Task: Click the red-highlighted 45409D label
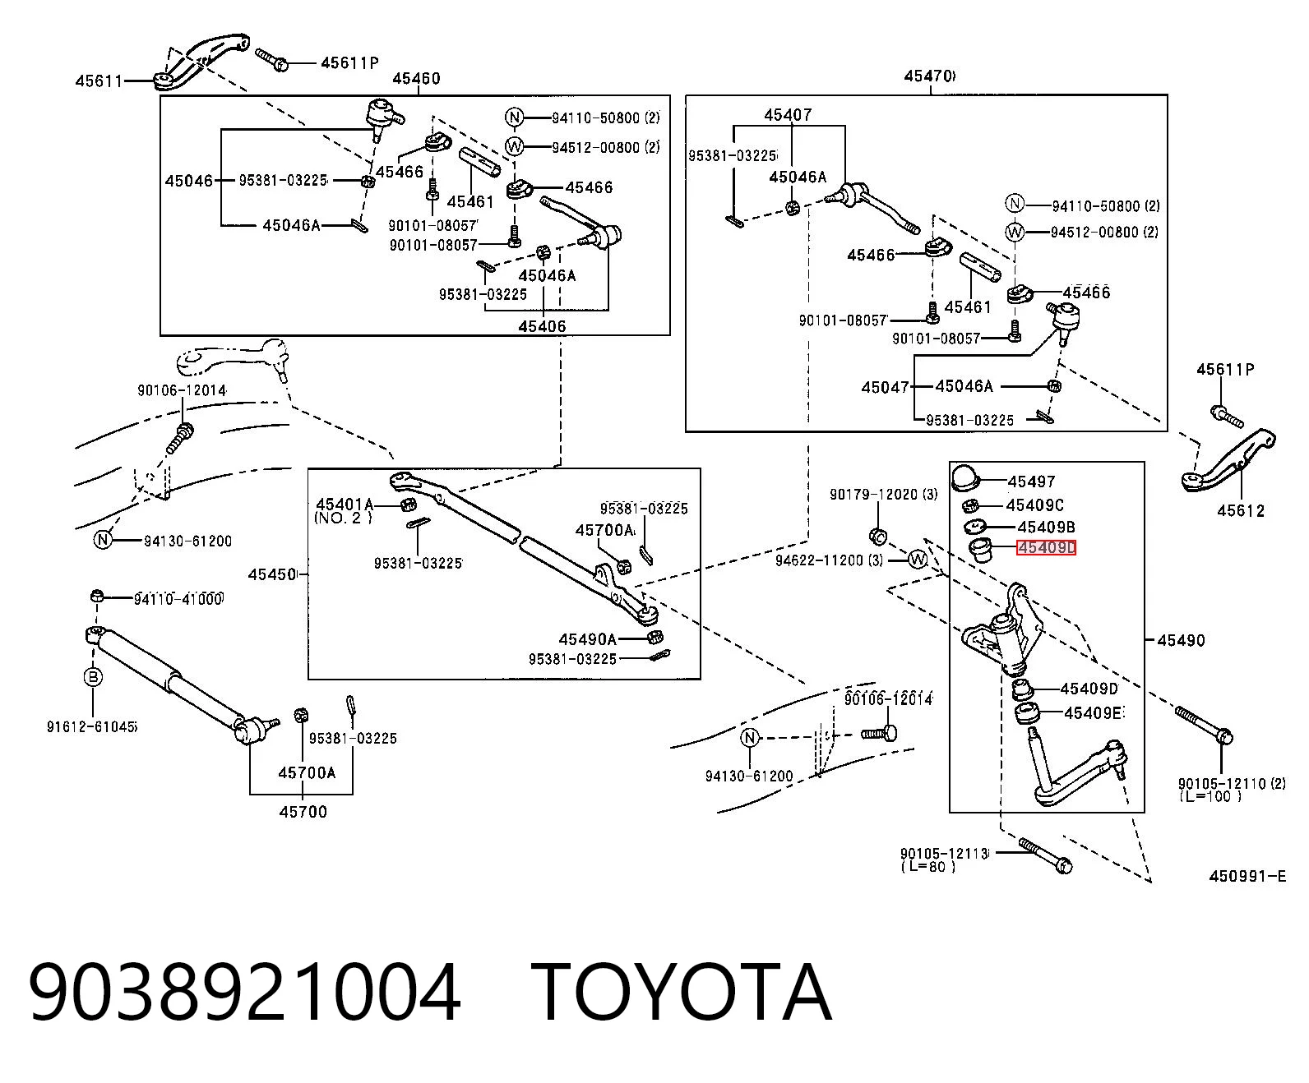1046,548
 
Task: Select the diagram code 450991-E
1247,876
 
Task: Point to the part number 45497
1031,482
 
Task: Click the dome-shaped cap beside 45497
965,477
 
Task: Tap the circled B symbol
93,677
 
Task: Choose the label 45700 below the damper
303,812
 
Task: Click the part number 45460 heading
416,78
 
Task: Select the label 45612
1241,511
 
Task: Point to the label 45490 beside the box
1181,641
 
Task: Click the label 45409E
1094,713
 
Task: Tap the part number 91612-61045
91,726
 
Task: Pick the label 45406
543,326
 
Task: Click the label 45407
788,115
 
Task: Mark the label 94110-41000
178,599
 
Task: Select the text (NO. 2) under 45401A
343,518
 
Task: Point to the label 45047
886,387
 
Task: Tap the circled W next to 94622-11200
917,559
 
